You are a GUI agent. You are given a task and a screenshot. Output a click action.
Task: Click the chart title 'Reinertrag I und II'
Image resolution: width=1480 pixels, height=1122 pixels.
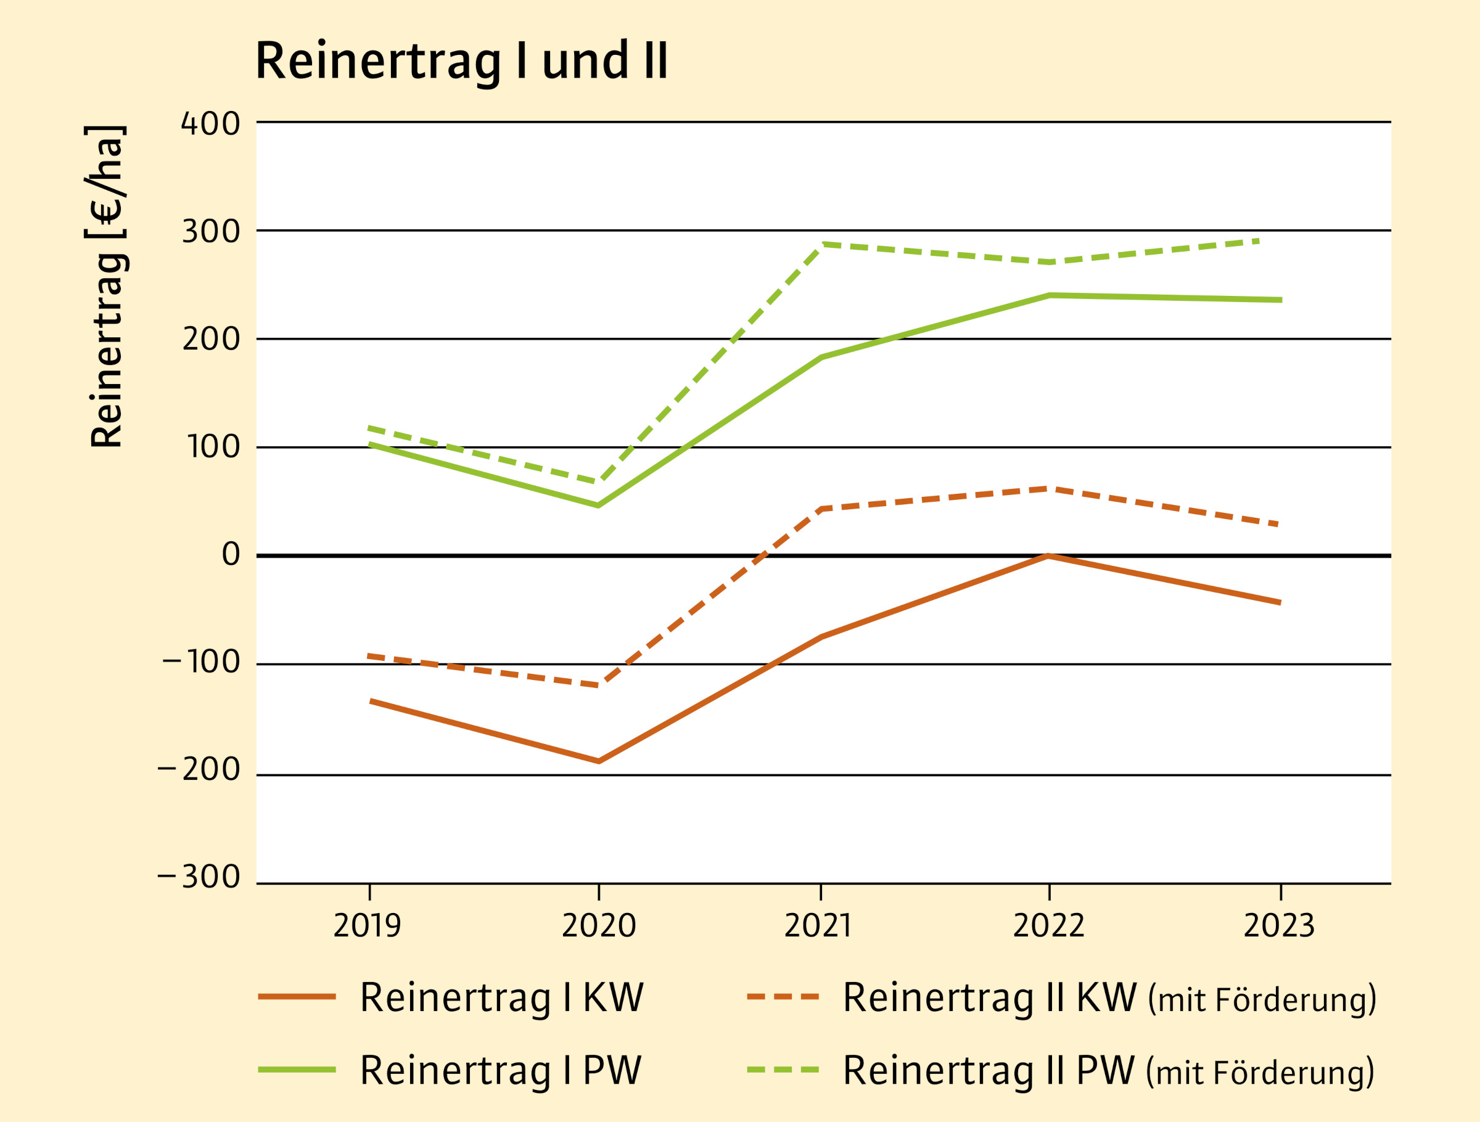pyautogui.click(x=461, y=61)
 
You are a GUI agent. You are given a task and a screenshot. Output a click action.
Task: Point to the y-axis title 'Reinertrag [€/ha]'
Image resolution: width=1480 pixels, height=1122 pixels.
pyautogui.click(x=107, y=285)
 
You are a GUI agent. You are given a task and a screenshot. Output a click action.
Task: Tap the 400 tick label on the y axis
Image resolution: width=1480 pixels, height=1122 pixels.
pyautogui.click(x=211, y=124)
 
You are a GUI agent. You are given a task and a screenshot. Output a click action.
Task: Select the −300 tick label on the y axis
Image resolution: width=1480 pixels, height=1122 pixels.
pyautogui.click(x=199, y=877)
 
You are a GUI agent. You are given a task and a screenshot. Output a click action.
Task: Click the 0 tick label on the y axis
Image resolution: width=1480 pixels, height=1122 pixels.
pyautogui.click(x=231, y=555)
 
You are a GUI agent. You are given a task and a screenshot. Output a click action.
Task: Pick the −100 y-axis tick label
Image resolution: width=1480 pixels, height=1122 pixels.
pyautogui.click(x=200, y=662)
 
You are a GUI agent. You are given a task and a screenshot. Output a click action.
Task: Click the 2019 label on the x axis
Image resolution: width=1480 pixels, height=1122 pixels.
pyautogui.click(x=367, y=926)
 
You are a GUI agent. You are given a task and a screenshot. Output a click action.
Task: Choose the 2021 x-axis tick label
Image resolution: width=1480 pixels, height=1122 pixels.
pyautogui.click(x=818, y=926)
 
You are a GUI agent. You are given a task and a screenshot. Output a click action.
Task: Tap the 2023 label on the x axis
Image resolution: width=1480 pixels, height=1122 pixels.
pyautogui.click(x=1278, y=926)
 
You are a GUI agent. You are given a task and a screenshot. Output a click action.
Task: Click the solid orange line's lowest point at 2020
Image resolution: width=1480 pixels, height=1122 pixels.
pyautogui.click(x=599, y=761)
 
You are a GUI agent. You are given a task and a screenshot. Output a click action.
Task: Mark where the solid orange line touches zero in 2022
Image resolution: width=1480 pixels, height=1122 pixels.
pyautogui.click(x=1048, y=555)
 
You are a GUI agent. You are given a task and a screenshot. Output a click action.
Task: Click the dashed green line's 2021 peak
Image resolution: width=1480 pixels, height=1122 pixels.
pyautogui.click(x=821, y=244)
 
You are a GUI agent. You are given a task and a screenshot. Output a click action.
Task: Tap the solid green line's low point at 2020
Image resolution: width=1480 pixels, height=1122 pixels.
pyautogui.click(x=598, y=505)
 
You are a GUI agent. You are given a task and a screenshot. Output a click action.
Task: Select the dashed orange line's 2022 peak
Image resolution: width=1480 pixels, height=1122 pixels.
pyautogui.click(x=1048, y=488)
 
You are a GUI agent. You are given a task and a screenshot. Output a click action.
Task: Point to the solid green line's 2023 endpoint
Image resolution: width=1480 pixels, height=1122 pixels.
pyautogui.click(x=1280, y=300)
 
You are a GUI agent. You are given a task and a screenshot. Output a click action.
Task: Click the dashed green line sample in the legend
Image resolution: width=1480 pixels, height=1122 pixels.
pyautogui.click(x=783, y=1070)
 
